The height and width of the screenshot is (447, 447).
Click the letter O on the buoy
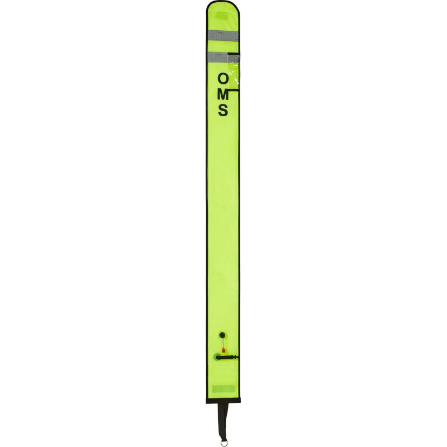coord(223,79)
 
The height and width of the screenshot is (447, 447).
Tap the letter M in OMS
coord(223,94)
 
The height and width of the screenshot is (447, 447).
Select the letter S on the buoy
coord(223,110)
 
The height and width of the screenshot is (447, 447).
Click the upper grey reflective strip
coord(222,35)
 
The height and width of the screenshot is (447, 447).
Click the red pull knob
coord(223,350)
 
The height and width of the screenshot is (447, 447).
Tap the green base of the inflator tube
coord(217,357)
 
